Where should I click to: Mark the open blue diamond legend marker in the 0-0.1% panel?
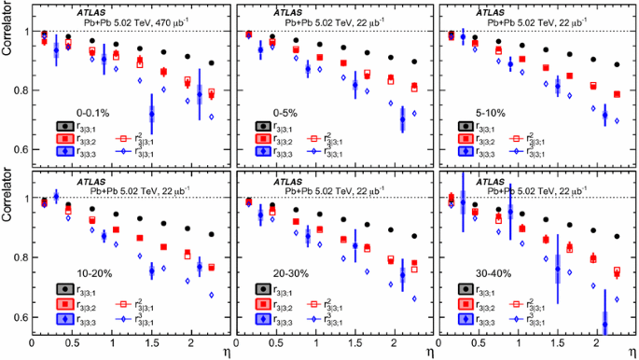tap(121, 150)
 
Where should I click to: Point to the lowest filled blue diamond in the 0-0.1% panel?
tap(151, 115)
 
